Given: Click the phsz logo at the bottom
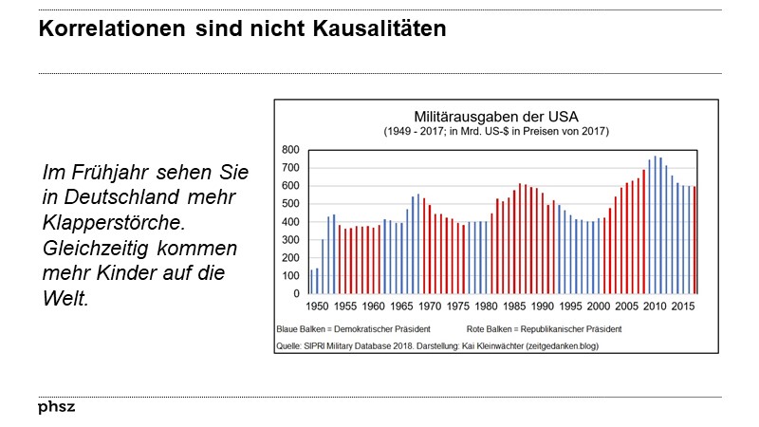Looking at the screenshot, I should point(56,407).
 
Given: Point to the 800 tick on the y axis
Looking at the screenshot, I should point(291,150).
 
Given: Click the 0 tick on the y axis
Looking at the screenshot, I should point(298,294).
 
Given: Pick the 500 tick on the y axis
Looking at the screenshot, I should point(291,204).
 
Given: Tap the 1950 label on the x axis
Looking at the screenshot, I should point(317,307).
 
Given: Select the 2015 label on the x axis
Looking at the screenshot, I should point(685,307).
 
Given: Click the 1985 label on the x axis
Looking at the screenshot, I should point(515,307).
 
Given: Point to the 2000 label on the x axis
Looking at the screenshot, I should point(600,307).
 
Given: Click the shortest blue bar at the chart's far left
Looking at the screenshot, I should point(311,282).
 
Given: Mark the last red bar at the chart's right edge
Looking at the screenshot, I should point(696,240).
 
